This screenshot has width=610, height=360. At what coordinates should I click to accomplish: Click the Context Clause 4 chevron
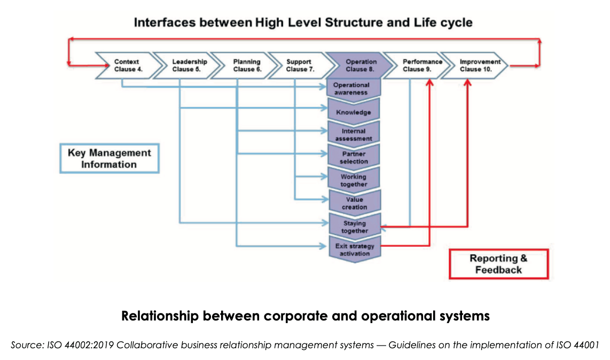tap(127, 65)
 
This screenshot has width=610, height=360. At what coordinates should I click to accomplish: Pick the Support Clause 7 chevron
tap(300, 65)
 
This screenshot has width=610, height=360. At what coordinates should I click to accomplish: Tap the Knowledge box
tap(353, 112)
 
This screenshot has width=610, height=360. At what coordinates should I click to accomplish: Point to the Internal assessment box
tap(353, 135)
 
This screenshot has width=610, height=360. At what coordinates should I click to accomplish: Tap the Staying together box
tap(354, 227)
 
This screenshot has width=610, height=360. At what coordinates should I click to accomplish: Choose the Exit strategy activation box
tap(354, 249)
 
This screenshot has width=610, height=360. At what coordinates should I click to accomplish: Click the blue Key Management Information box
tap(109, 159)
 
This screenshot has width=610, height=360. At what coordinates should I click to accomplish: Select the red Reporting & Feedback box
tap(498, 264)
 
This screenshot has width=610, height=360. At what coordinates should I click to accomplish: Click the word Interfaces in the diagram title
tap(165, 22)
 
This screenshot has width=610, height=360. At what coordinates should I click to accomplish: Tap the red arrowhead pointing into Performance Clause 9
tap(429, 82)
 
